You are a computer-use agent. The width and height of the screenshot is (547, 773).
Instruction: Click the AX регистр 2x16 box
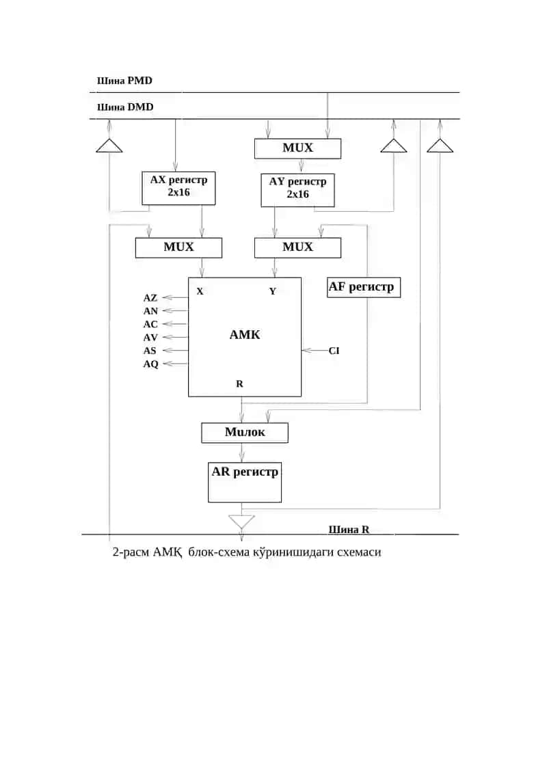[x=178, y=188]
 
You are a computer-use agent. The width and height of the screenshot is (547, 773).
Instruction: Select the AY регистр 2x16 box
[x=297, y=190]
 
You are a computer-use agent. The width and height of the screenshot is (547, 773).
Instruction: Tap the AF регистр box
[x=364, y=287]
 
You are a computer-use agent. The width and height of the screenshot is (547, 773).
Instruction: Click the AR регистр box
[x=245, y=482]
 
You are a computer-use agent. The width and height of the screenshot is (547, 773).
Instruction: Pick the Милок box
[x=245, y=433]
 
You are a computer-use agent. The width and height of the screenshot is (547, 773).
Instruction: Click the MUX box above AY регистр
[x=297, y=148]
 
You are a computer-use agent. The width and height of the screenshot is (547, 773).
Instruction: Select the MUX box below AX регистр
[x=178, y=247]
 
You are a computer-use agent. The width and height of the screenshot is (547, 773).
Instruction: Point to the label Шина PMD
[x=125, y=81]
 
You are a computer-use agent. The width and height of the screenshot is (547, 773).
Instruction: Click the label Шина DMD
[x=125, y=107]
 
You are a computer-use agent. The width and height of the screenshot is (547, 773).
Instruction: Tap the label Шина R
[x=349, y=530]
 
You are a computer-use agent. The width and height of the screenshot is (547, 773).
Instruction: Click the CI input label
[x=334, y=351]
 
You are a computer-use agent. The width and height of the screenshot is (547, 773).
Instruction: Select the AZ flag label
[x=150, y=298]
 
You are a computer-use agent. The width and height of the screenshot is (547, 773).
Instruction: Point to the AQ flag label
[x=151, y=364]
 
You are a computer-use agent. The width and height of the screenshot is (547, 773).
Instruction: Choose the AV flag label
[x=150, y=338]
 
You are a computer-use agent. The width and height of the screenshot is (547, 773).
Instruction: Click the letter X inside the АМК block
[x=200, y=291]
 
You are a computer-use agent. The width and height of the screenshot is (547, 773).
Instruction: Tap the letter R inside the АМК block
[x=240, y=383]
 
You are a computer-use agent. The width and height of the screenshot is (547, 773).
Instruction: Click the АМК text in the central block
[x=245, y=335]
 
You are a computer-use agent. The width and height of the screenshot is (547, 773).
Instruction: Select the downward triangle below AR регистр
[x=241, y=521]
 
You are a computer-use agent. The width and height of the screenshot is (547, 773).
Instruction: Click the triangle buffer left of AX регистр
[x=109, y=146]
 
